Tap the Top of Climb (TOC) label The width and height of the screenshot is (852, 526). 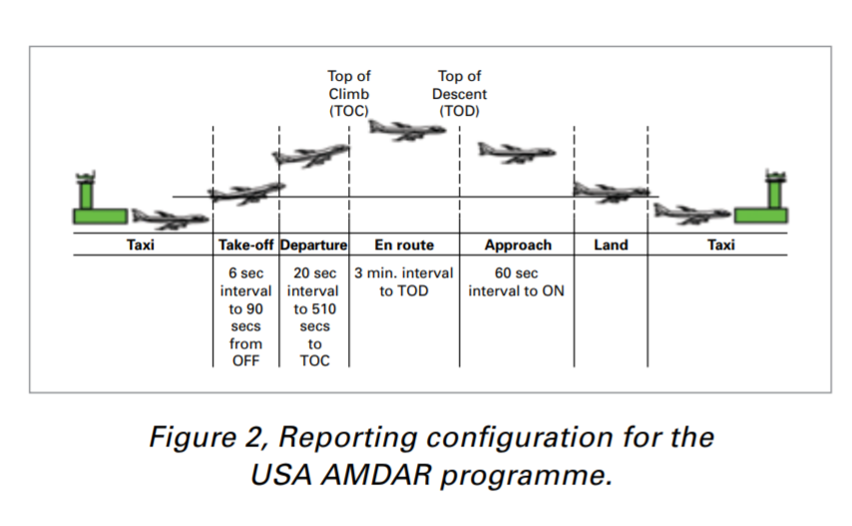point(348,94)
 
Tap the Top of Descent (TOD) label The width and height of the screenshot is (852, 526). point(459,94)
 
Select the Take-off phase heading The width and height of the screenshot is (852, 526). point(246,246)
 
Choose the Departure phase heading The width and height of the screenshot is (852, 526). point(314,246)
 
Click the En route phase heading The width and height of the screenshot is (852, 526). point(403,246)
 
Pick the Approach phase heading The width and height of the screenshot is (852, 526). point(518,246)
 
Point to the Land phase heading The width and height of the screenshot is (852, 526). point(610,246)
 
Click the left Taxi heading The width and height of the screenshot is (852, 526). point(141,246)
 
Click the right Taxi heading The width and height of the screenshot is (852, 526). point(720,246)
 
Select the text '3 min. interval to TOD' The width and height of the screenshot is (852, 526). point(403,281)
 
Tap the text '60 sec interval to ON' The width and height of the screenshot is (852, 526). point(518,281)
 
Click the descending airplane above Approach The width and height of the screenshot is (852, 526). point(515,152)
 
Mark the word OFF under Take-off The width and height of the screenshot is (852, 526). point(245,360)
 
